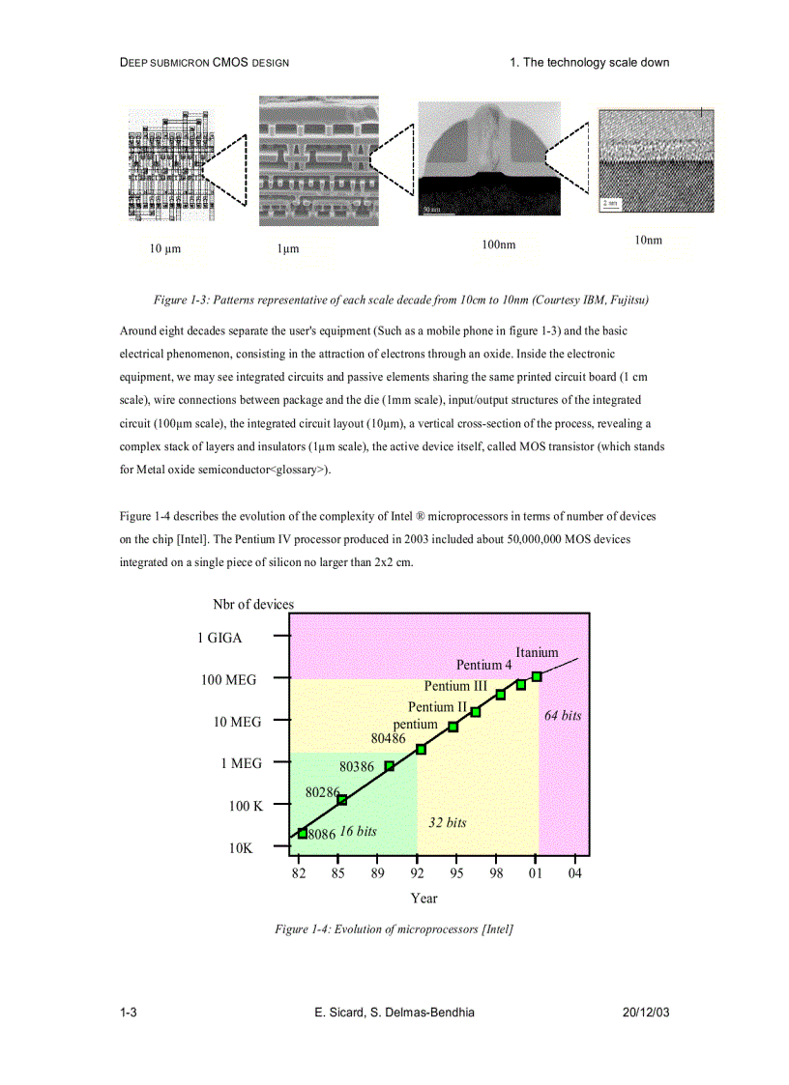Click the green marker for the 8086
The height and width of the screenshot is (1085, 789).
click(x=303, y=833)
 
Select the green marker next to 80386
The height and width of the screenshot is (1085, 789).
click(x=390, y=766)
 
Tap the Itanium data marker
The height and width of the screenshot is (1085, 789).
click(x=537, y=676)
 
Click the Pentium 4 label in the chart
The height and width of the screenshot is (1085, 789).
click(x=484, y=665)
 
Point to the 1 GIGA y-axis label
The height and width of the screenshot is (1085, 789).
click(x=219, y=638)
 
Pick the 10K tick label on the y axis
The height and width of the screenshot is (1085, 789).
click(x=241, y=848)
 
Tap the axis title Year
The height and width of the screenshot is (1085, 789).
click(x=424, y=899)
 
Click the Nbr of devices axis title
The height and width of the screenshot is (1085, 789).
click(x=253, y=604)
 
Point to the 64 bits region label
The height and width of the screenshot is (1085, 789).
click(x=563, y=716)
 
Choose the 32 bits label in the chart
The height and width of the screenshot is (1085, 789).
click(x=447, y=822)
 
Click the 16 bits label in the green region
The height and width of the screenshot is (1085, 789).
click(x=358, y=831)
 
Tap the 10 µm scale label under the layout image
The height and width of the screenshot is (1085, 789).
click(x=165, y=249)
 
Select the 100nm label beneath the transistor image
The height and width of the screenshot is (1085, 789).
click(x=498, y=245)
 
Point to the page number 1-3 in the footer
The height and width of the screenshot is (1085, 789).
click(x=128, y=1012)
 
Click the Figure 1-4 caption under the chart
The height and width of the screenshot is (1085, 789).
click(x=394, y=929)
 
